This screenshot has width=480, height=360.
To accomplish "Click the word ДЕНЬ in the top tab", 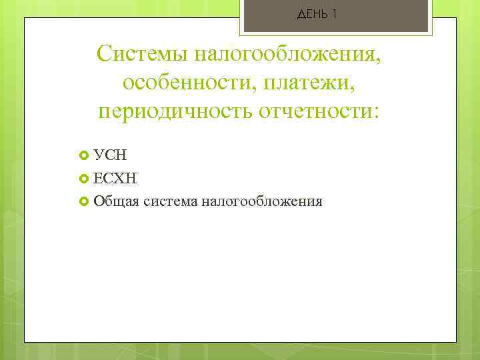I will tap(311, 15).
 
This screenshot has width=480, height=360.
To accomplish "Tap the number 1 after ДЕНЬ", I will tap(333, 15).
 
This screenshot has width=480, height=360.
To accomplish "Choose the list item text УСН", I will tap(111, 155).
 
